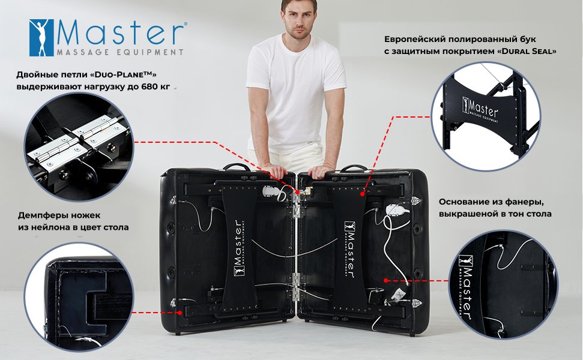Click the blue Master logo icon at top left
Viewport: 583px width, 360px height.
click(41, 38)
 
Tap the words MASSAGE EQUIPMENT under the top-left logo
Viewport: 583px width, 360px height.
click(121, 52)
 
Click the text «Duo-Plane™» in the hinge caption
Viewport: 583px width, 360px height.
click(123, 74)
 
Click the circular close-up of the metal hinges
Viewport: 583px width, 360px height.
click(79, 147)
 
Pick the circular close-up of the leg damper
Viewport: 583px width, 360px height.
click(79, 297)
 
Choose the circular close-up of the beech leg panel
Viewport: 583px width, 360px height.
click(486, 116)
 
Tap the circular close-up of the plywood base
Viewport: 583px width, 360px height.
click(503, 284)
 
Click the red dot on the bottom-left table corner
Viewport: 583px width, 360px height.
click(180, 313)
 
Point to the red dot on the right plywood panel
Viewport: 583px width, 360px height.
click(386, 280)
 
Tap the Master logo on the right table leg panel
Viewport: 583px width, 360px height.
click(349, 249)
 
